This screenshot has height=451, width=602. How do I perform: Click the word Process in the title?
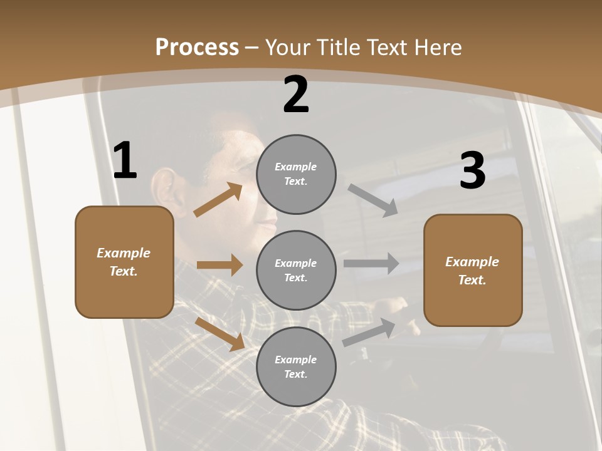[197, 47]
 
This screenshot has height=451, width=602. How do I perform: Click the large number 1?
[125, 161]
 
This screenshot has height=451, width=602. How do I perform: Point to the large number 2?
[296, 95]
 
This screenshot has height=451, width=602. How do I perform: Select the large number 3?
[472, 170]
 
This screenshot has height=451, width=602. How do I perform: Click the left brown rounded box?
[124, 262]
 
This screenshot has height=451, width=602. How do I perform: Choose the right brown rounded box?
[473, 270]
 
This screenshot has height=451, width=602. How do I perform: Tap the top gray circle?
[296, 174]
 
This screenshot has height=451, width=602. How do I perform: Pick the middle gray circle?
[296, 270]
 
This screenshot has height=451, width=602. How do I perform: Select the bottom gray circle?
[296, 366]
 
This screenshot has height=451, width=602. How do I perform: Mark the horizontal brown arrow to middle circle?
[219, 265]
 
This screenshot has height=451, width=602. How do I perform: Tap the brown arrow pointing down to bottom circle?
[219, 334]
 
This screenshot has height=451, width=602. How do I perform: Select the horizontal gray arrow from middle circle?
[371, 263]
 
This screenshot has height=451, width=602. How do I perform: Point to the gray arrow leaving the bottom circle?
[369, 332]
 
